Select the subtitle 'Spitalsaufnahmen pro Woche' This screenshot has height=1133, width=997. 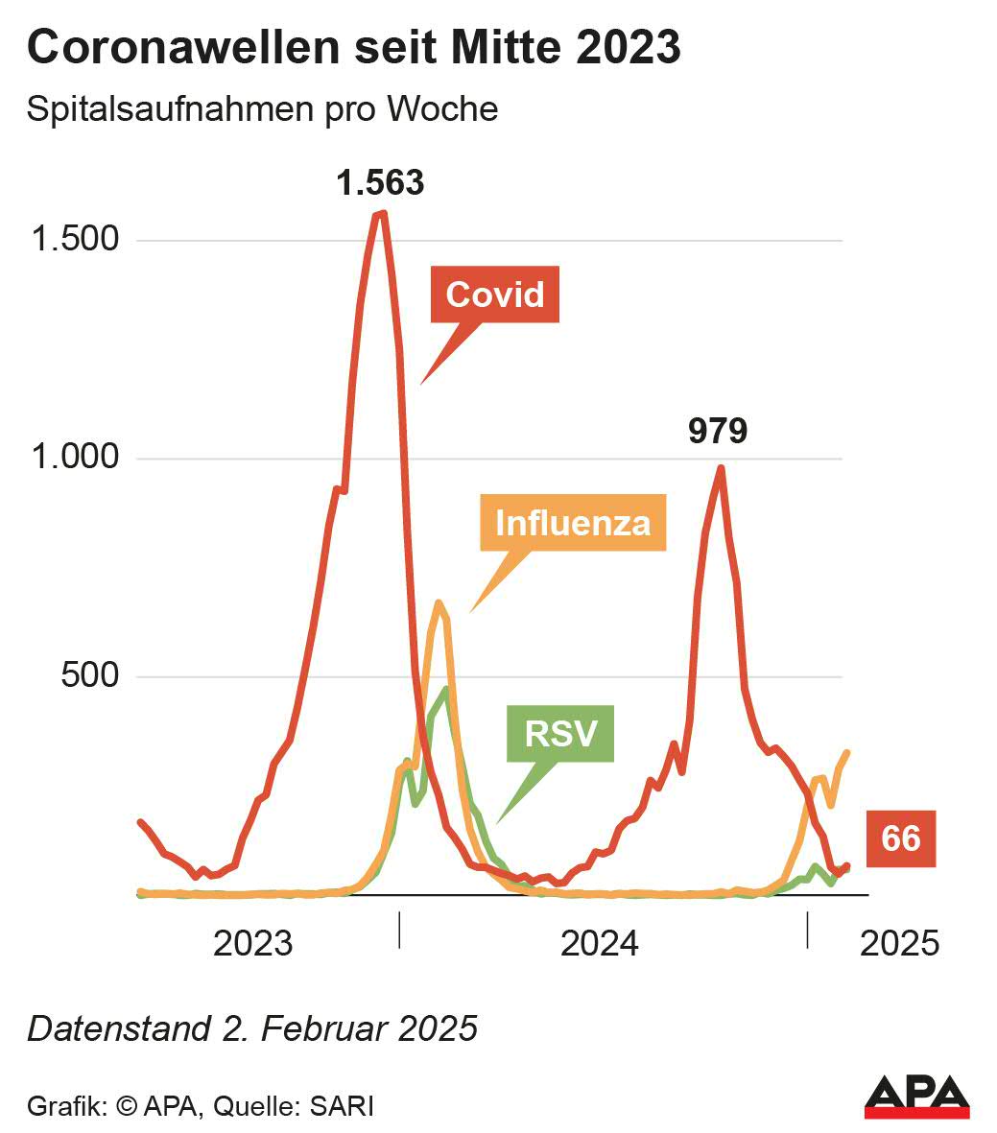pyautogui.click(x=262, y=109)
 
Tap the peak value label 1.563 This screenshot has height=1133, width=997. pyautogui.click(x=380, y=181)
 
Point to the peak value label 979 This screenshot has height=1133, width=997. pyautogui.click(x=718, y=431)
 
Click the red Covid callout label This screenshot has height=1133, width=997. pyautogui.click(x=495, y=295)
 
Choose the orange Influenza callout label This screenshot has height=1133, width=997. pyautogui.click(x=573, y=523)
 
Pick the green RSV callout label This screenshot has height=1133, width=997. pyautogui.click(x=560, y=735)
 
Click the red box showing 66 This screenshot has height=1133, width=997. pyautogui.click(x=900, y=838)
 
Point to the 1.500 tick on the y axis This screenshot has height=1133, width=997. pyautogui.click(x=76, y=239)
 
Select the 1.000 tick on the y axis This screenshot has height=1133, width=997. pyautogui.click(x=76, y=457)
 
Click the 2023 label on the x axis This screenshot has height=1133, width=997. pyautogui.click(x=252, y=943)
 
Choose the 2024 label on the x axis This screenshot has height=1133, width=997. pyautogui.click(x=600, y=943)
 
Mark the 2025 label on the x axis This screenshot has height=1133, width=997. pyautogui.click(x=899, y=943)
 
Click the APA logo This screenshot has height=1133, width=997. pyautogui.click(x=916, y=1097)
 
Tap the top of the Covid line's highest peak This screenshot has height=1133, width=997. pyautogui.click(x=381, y=213)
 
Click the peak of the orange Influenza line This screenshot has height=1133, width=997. pyautogui.click(x=439, y=602)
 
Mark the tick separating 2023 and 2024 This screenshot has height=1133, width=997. pyautogui.click(x=398, y=931)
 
